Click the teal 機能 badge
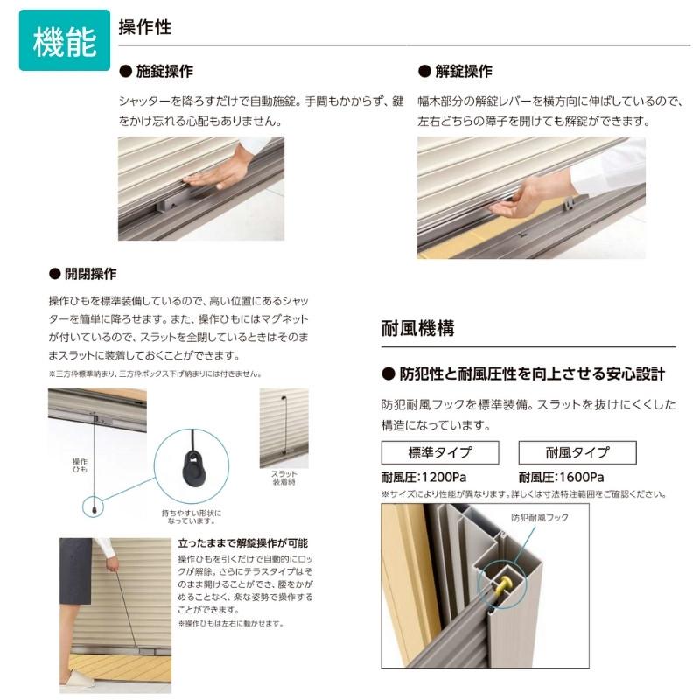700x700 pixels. (x=64, y=41)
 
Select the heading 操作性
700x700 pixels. (x=144, y=27)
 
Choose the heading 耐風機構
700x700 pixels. (x=417, y=330)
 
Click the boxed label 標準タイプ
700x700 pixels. (x=439, y=452)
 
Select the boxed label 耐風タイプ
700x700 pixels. (x=577, y=452)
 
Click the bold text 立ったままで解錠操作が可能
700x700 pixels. (x=242, y=542)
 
